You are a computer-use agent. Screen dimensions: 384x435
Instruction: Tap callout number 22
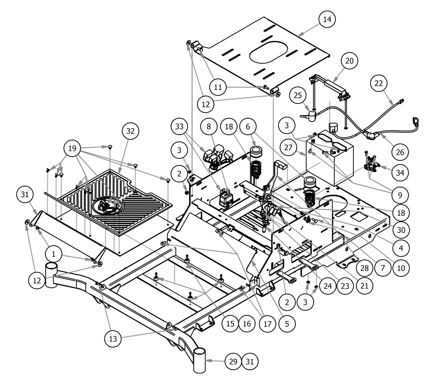[379, 83]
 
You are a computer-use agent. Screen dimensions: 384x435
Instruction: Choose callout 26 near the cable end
[400, 152]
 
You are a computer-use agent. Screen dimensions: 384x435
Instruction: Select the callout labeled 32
[130, 131]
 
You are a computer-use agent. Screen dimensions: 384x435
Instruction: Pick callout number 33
[180, 126]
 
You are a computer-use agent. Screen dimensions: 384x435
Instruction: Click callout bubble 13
[113, 339]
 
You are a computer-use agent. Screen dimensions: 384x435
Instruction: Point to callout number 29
[233, 361]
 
